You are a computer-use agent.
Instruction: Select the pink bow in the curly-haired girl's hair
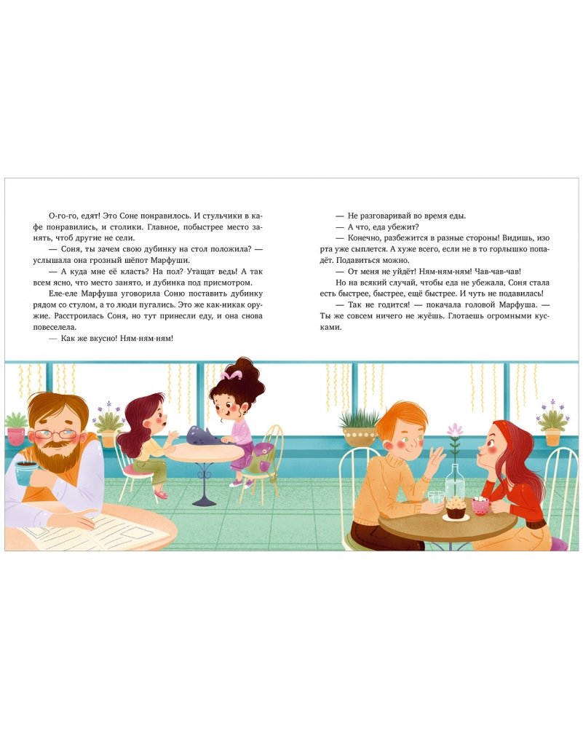[231, 374]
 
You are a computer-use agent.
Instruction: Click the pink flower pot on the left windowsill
[16, 437]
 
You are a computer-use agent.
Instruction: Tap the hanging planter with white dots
[359, 436]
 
